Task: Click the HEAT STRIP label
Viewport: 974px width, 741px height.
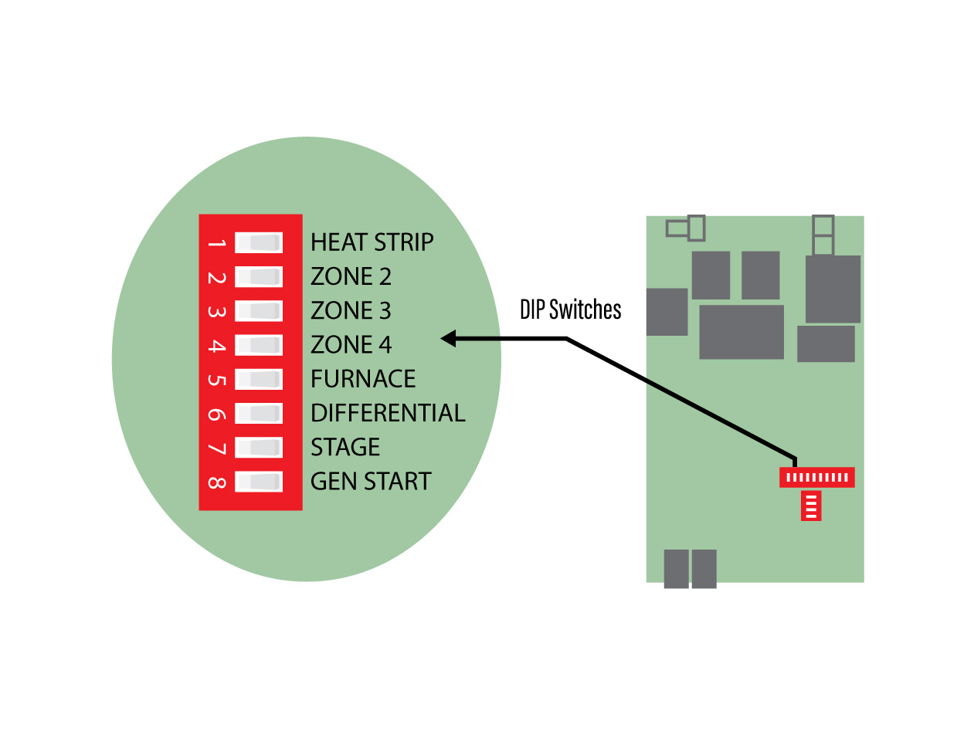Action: point(372,242)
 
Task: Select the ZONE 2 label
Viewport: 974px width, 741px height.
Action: point(351,276)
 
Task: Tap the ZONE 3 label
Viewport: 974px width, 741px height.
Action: point(351,310)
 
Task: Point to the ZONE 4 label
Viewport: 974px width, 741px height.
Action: point(351,344)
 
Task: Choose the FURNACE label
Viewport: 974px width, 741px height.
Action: point(363,379)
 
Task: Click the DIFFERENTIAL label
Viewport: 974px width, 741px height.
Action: point(388,413)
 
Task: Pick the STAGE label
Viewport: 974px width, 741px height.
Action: point(345,447)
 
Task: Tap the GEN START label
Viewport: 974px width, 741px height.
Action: point(371,481)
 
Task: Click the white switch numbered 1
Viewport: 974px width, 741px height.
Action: point(259,242)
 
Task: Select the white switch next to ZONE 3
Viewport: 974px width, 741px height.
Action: point(259,310)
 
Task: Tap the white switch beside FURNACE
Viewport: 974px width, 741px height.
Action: point(259,379)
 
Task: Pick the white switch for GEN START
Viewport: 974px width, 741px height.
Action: point(259,482)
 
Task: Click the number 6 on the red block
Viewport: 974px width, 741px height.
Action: point(216,414)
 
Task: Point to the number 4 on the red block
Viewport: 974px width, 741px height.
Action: point(216,346)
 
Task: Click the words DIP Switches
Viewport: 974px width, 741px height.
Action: point(570,310)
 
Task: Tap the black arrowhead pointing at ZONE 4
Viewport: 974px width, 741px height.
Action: point(449,338)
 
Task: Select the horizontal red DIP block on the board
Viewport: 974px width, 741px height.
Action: point(816,477)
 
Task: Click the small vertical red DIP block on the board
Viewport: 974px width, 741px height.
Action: point(810,506)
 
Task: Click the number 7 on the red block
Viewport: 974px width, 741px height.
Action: point(216,448)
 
